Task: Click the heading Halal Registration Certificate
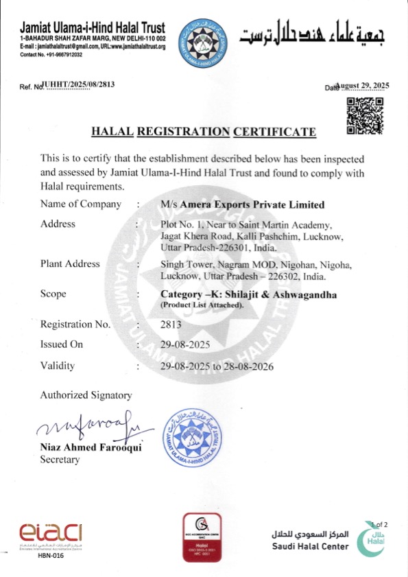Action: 204,132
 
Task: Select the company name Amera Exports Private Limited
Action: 242,204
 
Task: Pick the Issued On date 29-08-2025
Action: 183,345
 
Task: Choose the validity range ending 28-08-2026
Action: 217,366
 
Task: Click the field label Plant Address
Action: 70,263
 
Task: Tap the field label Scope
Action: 53,294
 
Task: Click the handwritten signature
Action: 88,428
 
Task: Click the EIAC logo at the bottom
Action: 50,532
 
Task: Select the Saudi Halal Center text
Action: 311,546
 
